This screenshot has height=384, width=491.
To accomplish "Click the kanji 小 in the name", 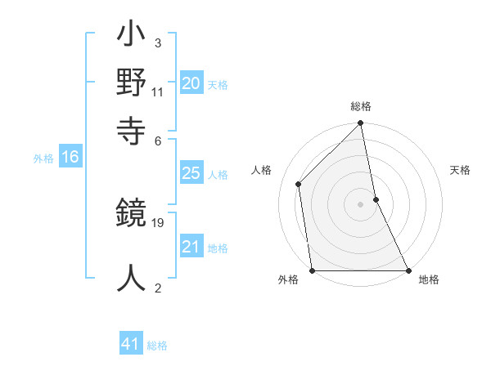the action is pos(131,36).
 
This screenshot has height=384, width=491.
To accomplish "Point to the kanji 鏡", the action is pos(131,216).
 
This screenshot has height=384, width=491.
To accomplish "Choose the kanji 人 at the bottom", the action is pos(131,276).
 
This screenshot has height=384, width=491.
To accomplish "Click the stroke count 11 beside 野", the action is pos(158,92).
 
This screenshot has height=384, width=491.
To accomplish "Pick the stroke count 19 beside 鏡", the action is pos(158,222).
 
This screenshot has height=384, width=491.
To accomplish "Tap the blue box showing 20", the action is pos(191,83).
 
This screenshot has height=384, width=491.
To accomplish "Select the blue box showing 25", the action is pos(191,173).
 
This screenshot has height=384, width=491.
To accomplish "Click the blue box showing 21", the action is pos(191,247).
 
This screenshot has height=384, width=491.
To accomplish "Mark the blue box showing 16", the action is pos(70,158).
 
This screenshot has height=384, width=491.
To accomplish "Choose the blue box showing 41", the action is pos(131,344).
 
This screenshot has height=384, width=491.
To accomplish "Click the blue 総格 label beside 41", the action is pos(157,346).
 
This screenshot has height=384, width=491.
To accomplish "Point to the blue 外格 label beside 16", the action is pos(43,159).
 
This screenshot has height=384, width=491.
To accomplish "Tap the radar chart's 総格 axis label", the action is pos(361,106).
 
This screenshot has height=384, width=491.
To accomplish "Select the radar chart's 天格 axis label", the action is pos(461,170).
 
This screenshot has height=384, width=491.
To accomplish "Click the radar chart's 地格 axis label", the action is pos(429,280).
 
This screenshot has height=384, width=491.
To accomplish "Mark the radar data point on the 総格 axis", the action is pos(361,124).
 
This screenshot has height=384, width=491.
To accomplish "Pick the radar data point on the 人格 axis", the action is pos(299,184).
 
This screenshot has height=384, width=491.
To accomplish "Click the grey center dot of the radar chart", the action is pos(361,204).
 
